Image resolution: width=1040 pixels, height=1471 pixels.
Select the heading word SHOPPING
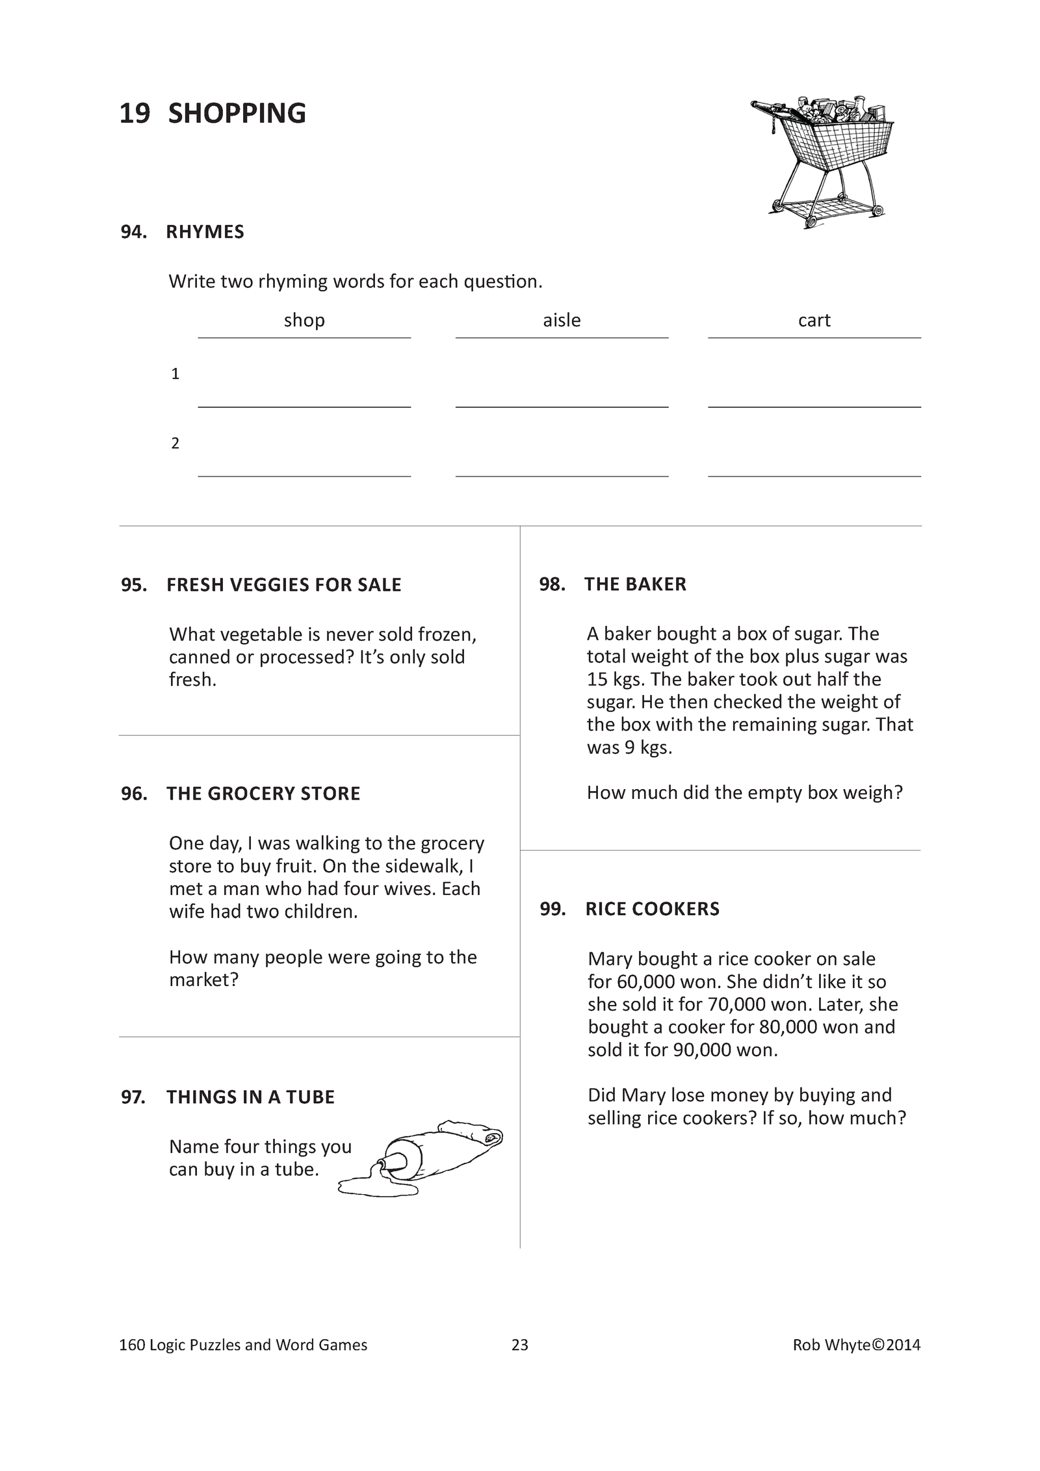(237, 114)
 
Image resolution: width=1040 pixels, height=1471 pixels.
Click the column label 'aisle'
(562, 320)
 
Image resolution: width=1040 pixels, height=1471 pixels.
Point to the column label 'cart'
(814, 320)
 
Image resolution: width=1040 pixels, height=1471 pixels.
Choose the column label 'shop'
(304, 320)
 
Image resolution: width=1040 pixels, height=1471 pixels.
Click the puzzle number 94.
(133, 232)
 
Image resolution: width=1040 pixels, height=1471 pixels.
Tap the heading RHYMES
(205, 232)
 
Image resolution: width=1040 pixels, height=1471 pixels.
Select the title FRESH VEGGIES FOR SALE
(284, 585)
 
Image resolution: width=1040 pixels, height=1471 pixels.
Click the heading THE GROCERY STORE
(263, 794)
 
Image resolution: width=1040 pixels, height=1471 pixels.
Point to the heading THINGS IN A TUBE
(250, 1097)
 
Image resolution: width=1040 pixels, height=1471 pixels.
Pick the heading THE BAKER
(635, 584)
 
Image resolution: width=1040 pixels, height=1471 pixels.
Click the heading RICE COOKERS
(652, 909)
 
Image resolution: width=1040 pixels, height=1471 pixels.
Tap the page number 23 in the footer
(520, 1345)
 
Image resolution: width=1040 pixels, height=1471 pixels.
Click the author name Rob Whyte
(831, 1345)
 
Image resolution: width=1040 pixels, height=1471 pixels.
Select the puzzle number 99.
(552, 909)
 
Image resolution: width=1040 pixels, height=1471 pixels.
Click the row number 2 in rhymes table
(175, 443)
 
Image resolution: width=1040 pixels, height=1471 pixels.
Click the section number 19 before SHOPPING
(135, 114)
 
